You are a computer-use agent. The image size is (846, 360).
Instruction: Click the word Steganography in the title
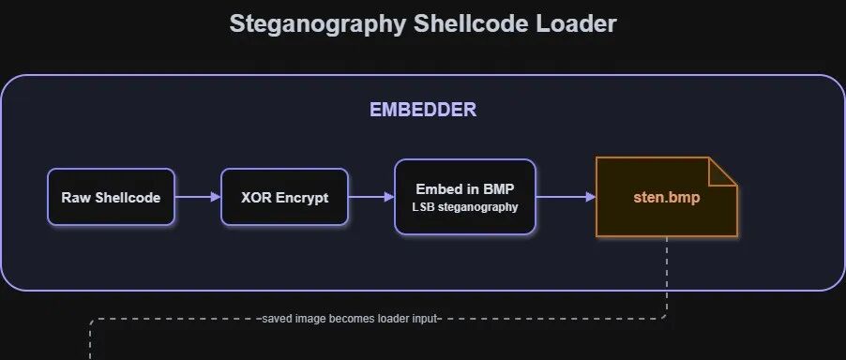pyautogui.click(x=317, y=24)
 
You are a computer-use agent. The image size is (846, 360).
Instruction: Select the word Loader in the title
pyautogui.click(x=576, y=23)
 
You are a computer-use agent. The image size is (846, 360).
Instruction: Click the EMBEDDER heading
pyautogui.click(x=423, y=110)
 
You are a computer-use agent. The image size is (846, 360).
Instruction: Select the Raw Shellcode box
pyautogui.click(x=112, y=197)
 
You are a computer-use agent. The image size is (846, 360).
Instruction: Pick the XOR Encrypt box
pyautogui.click(x=284, y=197)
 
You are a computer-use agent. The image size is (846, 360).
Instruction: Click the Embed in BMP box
pyautogui.click(x=464, y=197)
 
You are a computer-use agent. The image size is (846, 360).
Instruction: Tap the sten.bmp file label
pyautogui.click(x=666, y=197)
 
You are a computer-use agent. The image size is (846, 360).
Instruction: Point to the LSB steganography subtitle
pyautogui.click(x=464, y=207)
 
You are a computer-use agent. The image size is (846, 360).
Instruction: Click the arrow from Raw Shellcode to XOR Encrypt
pyautogui.click(x=198, y=197)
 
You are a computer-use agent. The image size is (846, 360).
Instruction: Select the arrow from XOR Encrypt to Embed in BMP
pyautogui.click(x=371, y=197)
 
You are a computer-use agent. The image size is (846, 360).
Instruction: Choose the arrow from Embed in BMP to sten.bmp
pyautogui.click(x=566, y=197)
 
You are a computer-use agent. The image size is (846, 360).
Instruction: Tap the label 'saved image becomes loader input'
pyautogui.click(x=350, y=319)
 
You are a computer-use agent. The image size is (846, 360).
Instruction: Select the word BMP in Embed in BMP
pyautogui.click(x=498, y=189)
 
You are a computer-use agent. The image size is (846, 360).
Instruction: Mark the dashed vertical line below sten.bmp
pyautogui.click(x=667, y=276)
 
